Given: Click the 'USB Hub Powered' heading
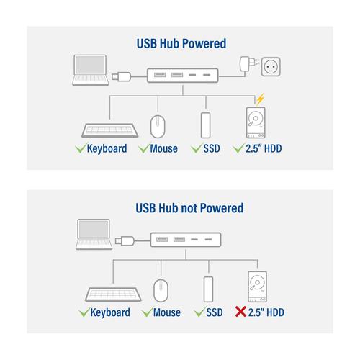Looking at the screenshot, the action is coord(181,44).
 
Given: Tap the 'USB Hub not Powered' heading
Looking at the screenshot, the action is coord(189,208).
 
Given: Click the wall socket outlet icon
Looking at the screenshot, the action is coord(271,67).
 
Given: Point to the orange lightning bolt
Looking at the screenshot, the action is coord(260,99).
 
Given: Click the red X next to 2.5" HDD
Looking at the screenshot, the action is coord(240,312).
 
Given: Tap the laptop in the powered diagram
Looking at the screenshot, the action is coord(91,70).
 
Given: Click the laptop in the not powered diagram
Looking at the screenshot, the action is coord(94,234).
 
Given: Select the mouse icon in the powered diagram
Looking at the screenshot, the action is coord(158,127).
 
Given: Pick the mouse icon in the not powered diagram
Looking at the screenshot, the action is coord(161,290).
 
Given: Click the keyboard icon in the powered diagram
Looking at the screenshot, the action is coord(109,130).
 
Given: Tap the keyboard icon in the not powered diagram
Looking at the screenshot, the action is coord(113,294).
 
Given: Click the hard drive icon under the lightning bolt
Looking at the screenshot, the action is coord(256,122).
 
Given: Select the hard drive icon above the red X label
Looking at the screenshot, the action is coord(257,287).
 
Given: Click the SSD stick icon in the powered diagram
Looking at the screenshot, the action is coord(205,125).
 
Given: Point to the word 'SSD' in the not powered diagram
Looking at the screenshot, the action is coord(215,312).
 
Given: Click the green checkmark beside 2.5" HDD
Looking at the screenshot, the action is coord(238,148).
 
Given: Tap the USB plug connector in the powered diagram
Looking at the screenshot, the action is coord(122,76).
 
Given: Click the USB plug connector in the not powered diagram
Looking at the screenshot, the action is coord(125,240).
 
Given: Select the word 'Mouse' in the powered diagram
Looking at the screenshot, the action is coord(164,148).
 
